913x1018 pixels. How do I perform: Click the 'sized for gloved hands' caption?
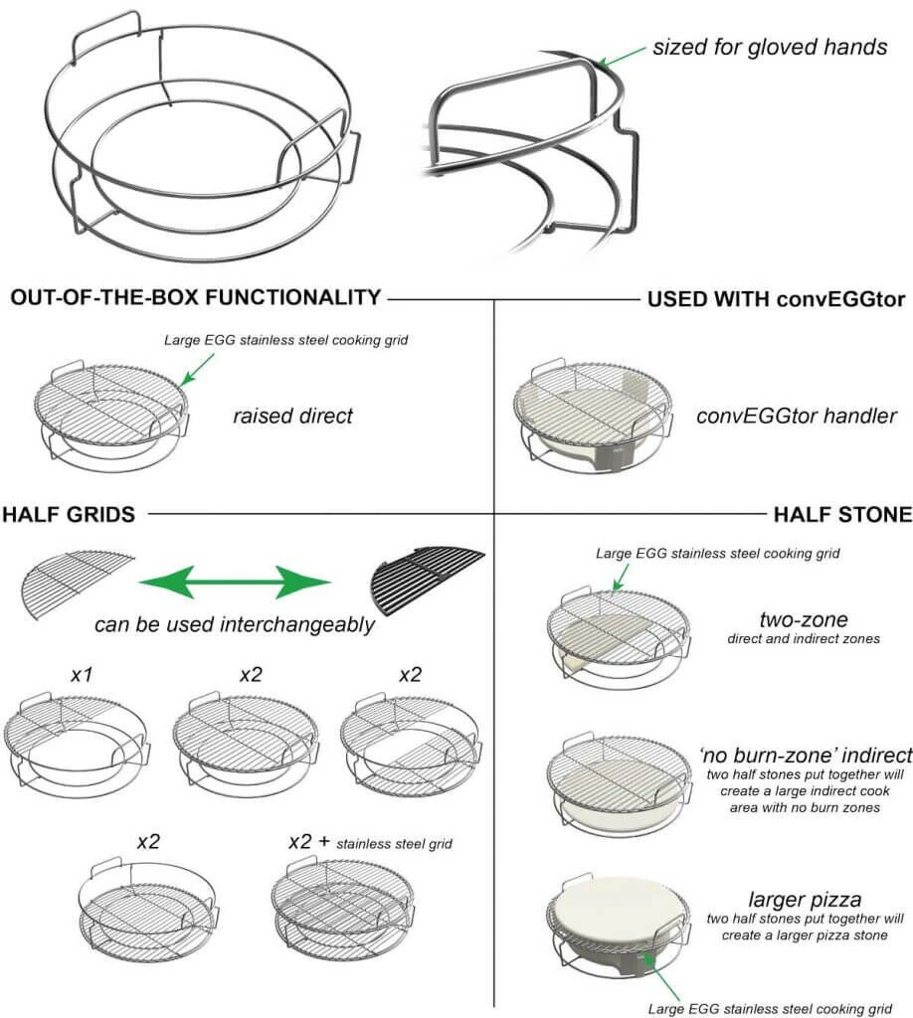[770, 47]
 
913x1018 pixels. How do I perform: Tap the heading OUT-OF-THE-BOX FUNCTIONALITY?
[195, 297]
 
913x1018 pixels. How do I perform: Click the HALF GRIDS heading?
[69, 514]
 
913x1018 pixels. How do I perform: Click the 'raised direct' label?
[293, 416]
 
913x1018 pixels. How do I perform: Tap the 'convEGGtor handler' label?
[797, 416]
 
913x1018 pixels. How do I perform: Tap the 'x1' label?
[82, 674]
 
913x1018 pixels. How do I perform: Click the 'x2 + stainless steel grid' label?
[369, 842]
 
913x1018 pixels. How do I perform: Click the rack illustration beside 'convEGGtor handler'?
[603, 416]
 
